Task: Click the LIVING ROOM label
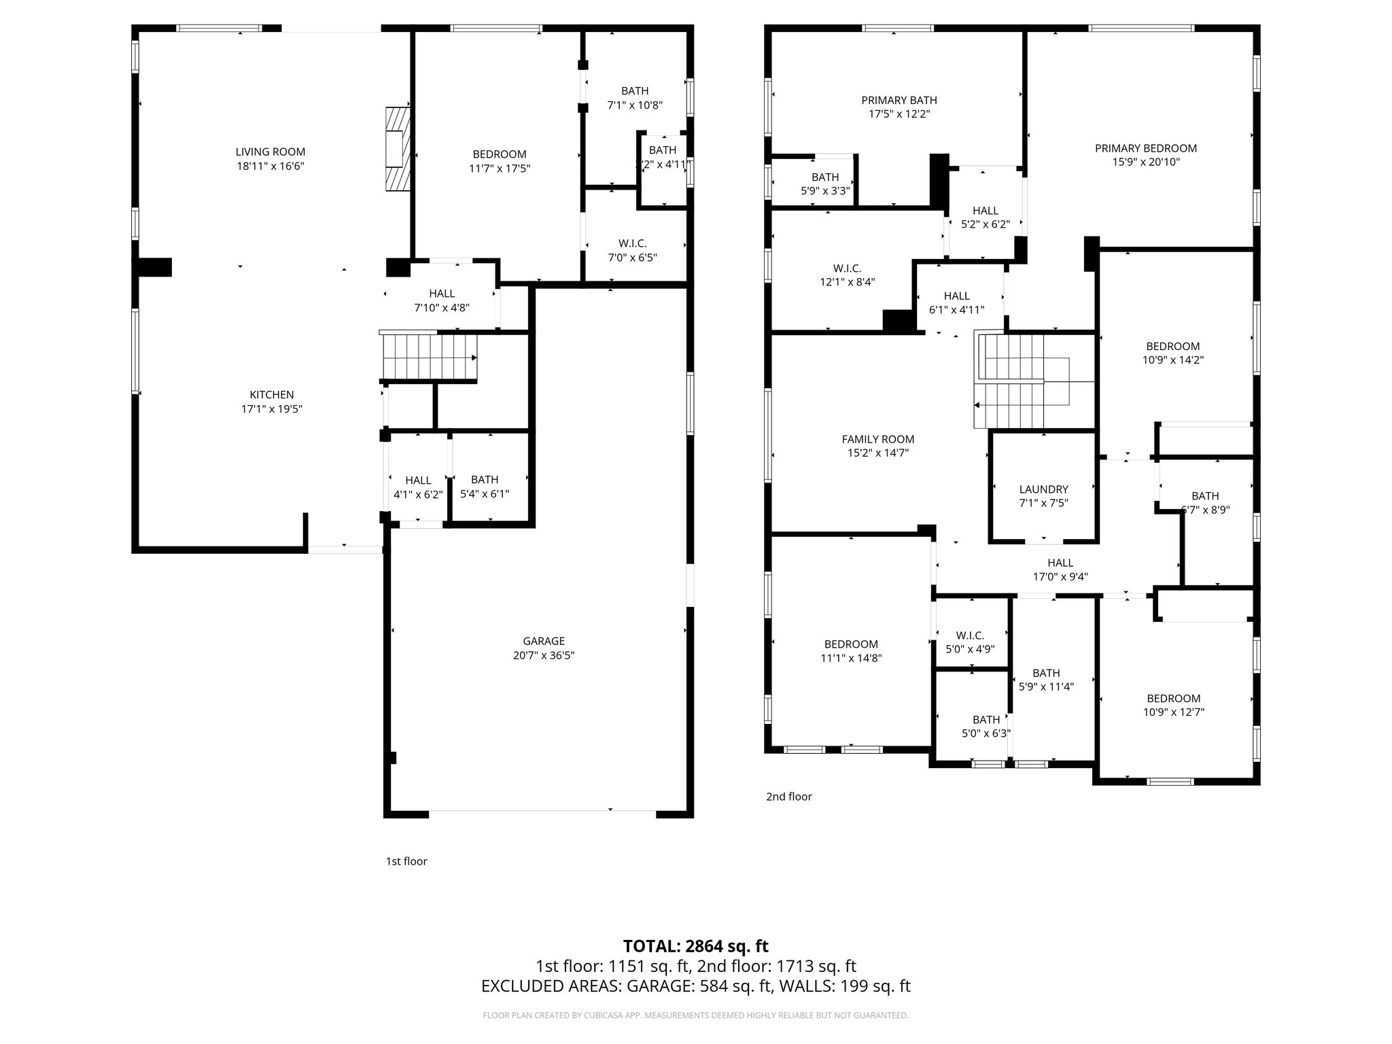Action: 271,152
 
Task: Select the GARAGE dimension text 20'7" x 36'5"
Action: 544,655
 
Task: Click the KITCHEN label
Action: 272,395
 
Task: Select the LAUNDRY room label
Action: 1043,489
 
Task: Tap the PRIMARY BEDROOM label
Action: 1145,148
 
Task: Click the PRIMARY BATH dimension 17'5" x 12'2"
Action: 899,114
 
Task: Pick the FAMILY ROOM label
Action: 878,439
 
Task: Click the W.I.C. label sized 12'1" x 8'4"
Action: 847,268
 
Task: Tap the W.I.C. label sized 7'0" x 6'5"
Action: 632,243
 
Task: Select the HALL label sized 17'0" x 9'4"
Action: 1060,563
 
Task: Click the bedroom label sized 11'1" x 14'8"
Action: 851,644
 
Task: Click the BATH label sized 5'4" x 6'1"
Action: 484,480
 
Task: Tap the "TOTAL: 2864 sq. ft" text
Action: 695,946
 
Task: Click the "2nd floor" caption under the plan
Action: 788,797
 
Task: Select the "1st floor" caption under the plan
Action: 406,861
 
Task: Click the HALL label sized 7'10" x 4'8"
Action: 442,294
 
